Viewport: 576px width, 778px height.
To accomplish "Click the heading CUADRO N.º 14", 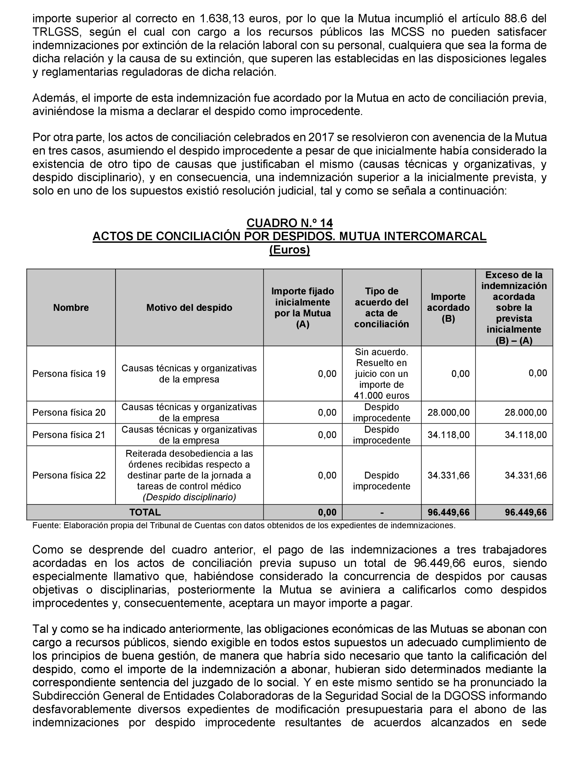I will [289, 223].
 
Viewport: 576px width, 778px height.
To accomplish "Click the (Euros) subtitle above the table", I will [289, 250].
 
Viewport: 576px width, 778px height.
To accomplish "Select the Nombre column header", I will [71, 307].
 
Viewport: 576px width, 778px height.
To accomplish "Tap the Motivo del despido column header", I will [189, 307].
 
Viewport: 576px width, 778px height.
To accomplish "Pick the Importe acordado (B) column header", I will [448, 307].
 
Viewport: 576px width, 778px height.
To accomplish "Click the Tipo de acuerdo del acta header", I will [382, 307].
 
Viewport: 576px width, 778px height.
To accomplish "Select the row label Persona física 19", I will [69, 374].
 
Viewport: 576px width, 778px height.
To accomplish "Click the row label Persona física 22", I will [69, 475].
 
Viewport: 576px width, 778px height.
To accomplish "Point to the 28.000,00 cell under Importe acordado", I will [448, 413].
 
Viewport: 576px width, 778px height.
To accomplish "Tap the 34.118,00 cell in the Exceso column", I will [526, 435].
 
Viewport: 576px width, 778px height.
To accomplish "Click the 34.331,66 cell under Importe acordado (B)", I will [448, 475].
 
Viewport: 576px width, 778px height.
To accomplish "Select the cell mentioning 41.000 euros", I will [382, 395].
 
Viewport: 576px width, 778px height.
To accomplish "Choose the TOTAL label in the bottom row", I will [145, 512].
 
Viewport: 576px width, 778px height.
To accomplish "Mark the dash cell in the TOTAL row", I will [382, 513].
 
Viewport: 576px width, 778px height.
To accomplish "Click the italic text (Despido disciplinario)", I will [189, 497].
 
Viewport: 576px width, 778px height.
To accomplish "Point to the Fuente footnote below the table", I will [244, 525].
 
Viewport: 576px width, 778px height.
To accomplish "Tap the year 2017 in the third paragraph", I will [321, 137].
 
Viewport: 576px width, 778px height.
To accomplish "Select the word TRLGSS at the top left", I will [55, 32].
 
